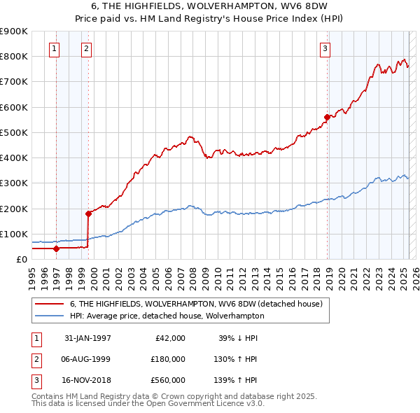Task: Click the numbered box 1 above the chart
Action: coord(55,48)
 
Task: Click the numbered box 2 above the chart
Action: coord(86,48)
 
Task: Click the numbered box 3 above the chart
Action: coord(325,48)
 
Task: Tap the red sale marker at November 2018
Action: coord(327,117)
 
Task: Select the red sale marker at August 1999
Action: coord(88,213)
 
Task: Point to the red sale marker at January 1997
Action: coord(56,248)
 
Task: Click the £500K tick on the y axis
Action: coord(14,132)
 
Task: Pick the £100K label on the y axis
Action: coord(14,234)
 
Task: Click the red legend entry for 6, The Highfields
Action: coord(195,304)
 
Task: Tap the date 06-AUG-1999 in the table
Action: coord(87,358)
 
